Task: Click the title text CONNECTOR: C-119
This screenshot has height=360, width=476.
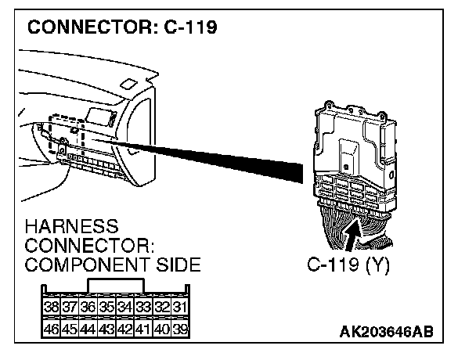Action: tap(123, 29)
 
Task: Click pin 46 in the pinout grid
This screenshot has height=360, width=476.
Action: tap(50, 329)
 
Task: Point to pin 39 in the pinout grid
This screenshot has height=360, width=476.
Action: tap(179, 329)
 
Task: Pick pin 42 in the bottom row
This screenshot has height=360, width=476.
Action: tap(124, 329)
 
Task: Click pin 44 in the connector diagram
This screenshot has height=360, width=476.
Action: tap(87, 329)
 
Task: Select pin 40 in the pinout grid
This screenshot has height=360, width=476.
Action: tap(161, 329)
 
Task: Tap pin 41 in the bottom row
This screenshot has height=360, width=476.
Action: tap(142, 329)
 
